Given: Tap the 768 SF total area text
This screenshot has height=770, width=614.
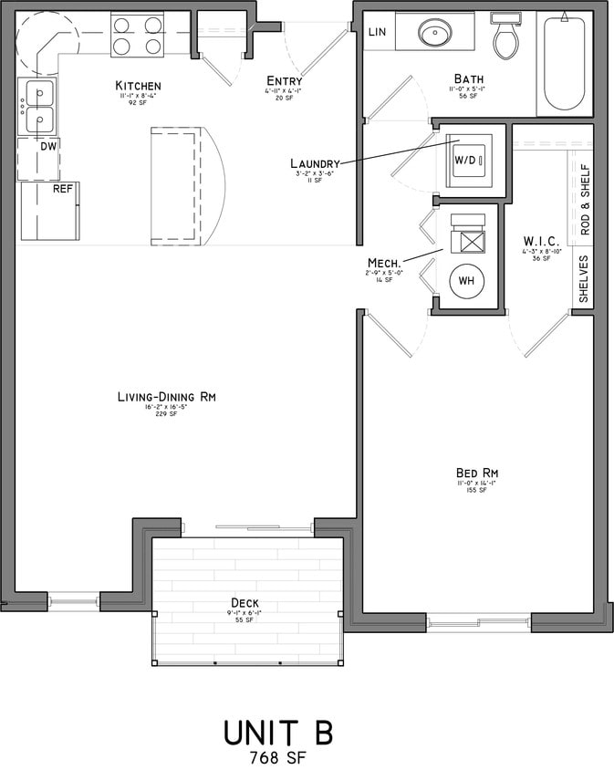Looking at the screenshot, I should coord(278,756).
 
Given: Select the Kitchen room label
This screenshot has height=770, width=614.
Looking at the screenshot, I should coord(138,86).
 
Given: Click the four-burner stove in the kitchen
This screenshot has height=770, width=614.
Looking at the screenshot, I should coord(138,36).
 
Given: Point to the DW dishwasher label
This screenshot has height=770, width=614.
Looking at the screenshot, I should coord(47,145).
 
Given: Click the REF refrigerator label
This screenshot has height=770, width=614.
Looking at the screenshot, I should coord(62,189).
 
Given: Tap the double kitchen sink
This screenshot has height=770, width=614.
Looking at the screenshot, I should coord(38,107).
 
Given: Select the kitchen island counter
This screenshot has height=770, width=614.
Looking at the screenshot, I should coord(176,186).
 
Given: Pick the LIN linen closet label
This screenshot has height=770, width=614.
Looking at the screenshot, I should coord(378,33).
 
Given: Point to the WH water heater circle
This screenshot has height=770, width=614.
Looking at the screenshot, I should coord(466,281).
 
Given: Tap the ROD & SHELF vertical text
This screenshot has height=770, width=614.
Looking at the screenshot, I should coord(586,200).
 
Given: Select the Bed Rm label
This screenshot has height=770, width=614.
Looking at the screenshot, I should coord(476,473).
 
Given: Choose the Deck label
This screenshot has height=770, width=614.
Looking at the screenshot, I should coord(245,602).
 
